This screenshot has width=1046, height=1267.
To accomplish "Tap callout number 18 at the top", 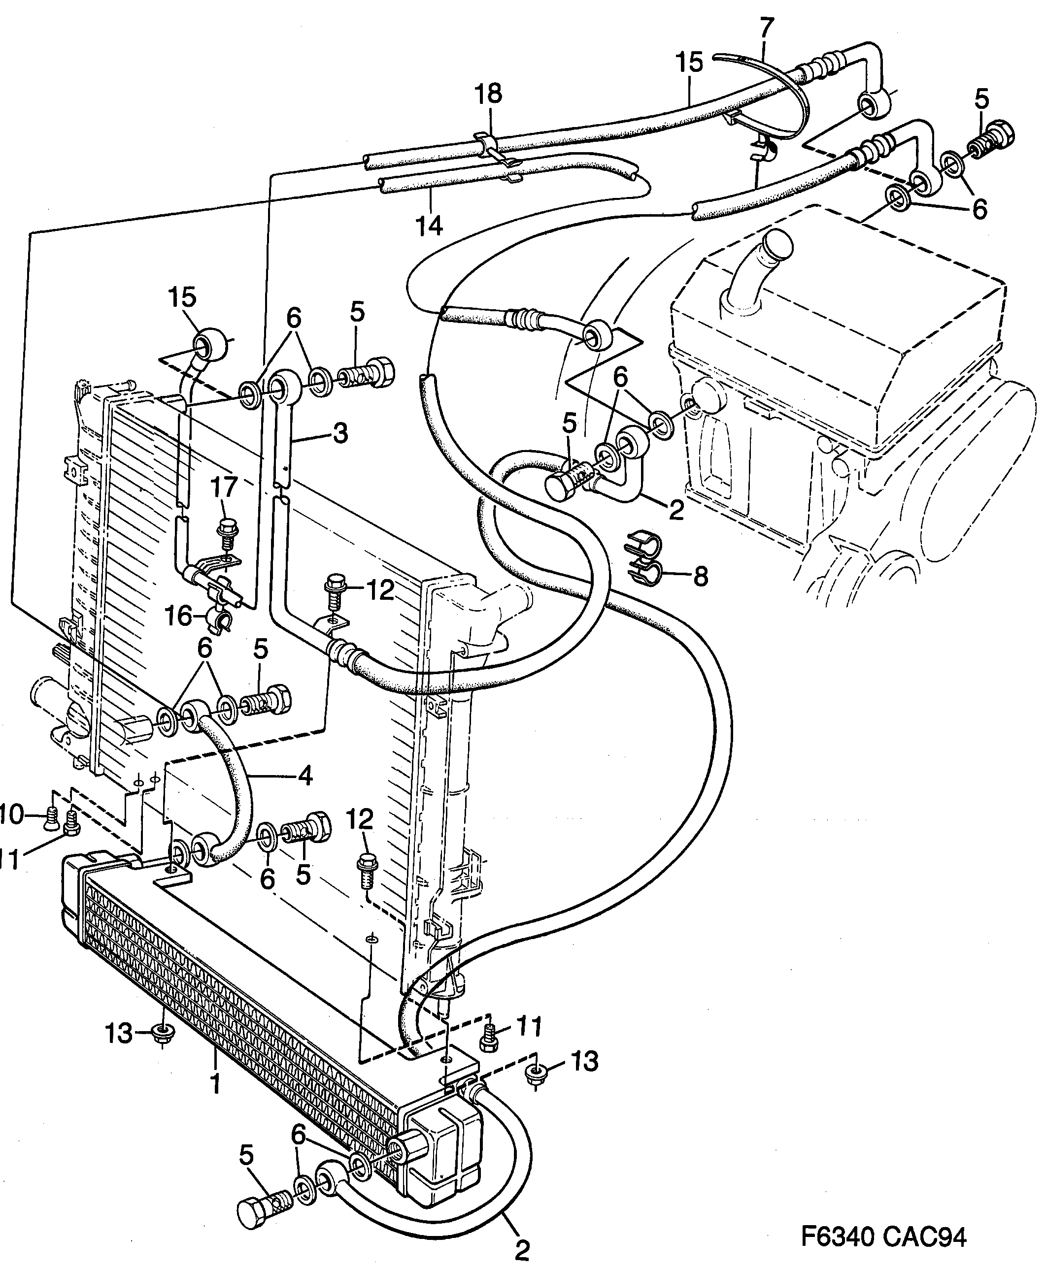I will [488, 95].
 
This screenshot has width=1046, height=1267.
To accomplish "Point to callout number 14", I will [429, 226].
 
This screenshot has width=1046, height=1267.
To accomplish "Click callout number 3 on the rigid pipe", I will [340, 433].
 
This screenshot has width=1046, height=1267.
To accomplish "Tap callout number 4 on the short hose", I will [305, 776].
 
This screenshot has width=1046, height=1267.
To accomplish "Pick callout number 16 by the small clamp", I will [178, 616].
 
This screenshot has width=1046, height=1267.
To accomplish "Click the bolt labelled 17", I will [227, 534].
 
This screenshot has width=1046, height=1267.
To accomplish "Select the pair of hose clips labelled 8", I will [643, 559].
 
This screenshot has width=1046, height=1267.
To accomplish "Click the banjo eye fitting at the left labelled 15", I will [210, 346].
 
